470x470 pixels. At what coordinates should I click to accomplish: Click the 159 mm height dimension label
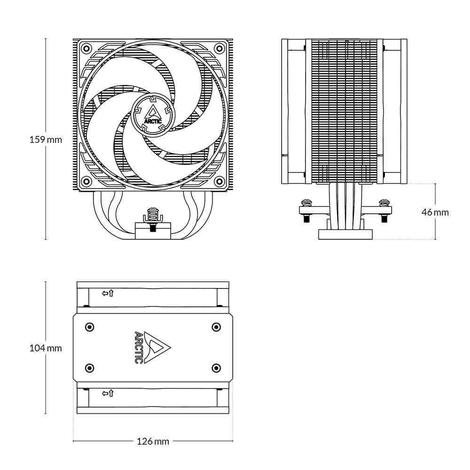(x=46, y=140)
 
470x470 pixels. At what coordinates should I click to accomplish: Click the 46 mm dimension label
(x=435, y=212)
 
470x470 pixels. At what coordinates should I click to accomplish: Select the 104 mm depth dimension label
(x=46, y=348)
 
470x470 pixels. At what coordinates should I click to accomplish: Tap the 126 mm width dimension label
(x=153, y=441)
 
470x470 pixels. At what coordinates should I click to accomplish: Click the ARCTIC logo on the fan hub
(x=153, y=114)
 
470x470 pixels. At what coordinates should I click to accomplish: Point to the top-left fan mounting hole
(x=86, y=48)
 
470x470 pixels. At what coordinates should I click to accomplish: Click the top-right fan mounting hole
(x=219, y=48)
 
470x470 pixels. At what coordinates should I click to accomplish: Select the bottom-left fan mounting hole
(x=86, y=181)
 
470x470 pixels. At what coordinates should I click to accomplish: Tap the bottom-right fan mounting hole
(x=219, y=181)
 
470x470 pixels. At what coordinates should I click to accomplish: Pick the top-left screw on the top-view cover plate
(x=90, y=327)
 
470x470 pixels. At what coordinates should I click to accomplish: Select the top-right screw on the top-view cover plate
(x=216, y=327)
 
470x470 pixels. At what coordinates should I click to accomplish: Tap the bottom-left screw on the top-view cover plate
(x=90, y=367)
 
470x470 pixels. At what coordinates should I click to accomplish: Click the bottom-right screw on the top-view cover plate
(x=216, y=367)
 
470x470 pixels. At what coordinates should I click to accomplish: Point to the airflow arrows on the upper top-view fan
(x=108, y=294)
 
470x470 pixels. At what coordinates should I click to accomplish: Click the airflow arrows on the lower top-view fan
(x=108, y=393)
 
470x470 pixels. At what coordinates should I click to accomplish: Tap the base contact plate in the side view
(x=345, y=234)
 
